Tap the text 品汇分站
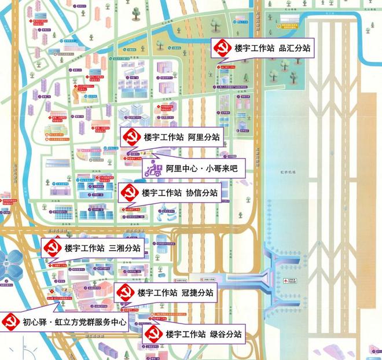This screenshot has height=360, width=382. point(295,49)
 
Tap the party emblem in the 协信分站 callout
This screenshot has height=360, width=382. point(128,193)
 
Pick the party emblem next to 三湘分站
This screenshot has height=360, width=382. point(52,249)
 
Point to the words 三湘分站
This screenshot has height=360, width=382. point(124,249)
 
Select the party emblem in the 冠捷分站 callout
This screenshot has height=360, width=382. point(124,293)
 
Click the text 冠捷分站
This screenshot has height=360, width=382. point(197,293)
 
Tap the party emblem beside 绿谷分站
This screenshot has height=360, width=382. point(152,334)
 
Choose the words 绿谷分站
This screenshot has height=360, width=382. point(225,334)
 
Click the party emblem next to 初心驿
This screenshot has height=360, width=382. point(10,321)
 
